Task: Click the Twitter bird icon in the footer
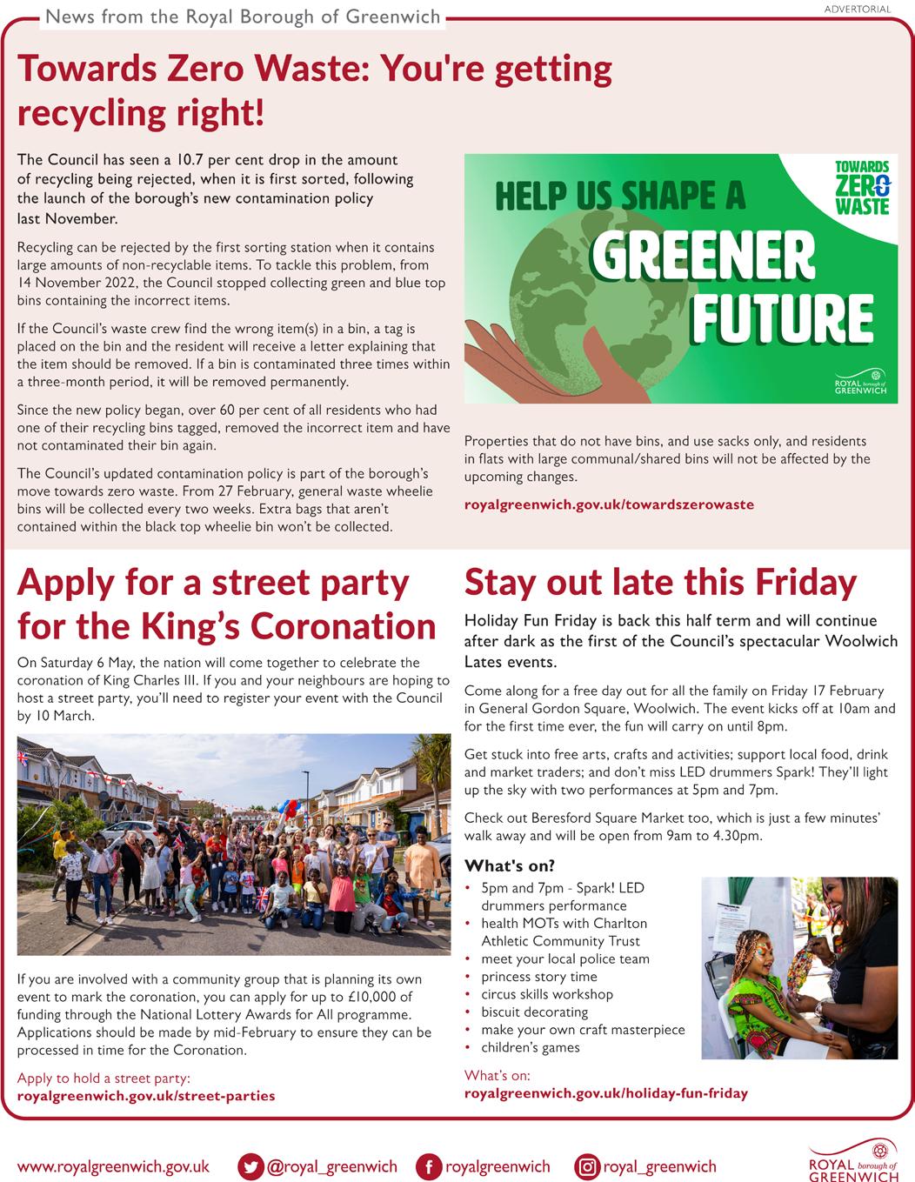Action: coord(251,1166)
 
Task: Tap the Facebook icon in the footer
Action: coord(429,1166)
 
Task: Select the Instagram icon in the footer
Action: coord(588,1166)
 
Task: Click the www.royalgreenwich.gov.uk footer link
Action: coord(113,1166)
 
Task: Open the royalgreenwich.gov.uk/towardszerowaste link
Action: coord(609,504)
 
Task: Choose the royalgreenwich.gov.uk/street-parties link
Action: coord(146,1096)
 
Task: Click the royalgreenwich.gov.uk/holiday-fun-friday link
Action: coord(606,1093)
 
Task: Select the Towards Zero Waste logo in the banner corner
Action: coord(861,186)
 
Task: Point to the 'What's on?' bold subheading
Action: coord(510,865)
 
